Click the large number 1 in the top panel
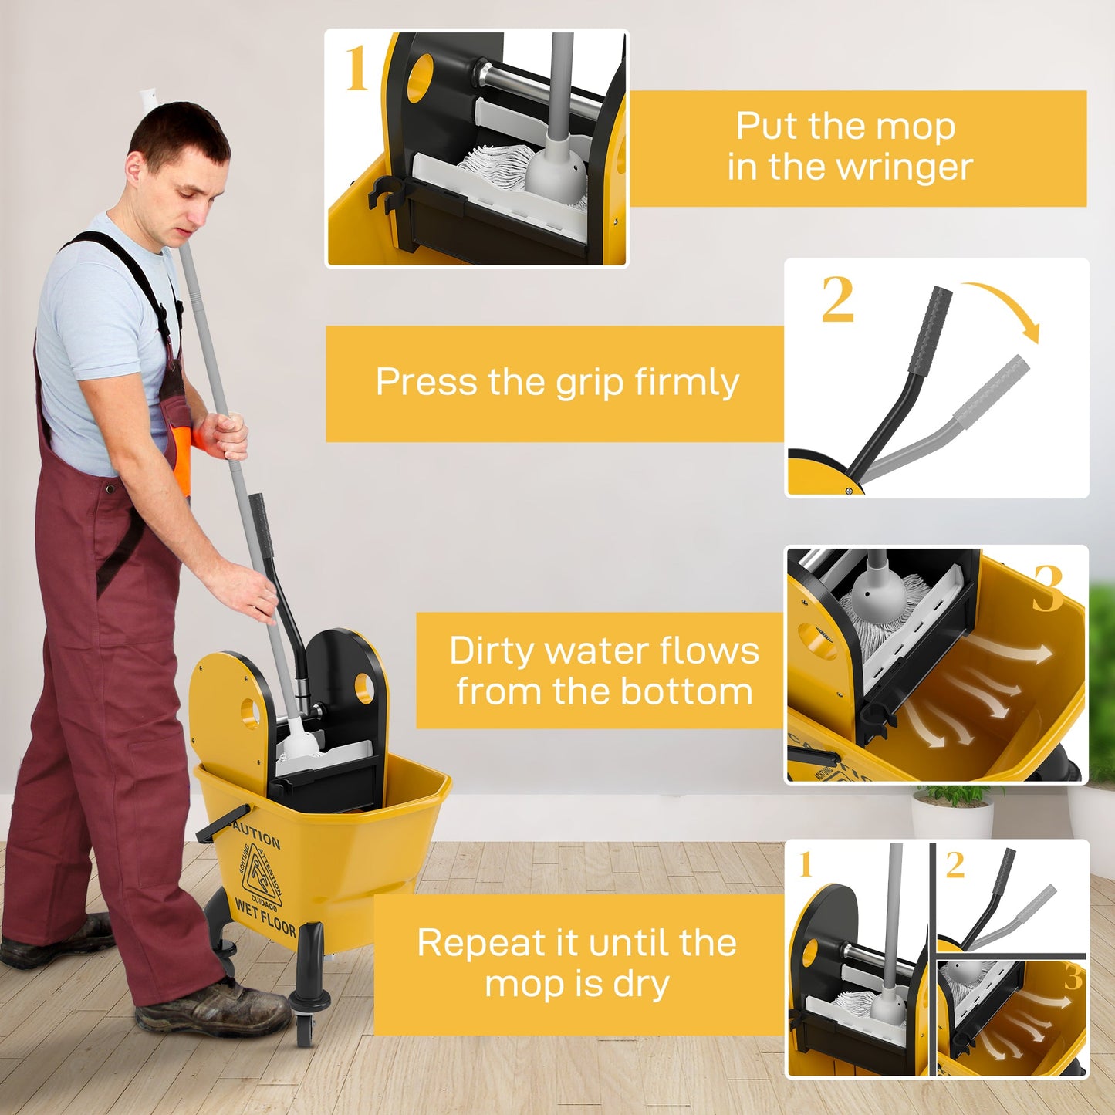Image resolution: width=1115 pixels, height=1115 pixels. (x=356, y=69)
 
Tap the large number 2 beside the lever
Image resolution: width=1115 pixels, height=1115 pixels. (x=837, y=299)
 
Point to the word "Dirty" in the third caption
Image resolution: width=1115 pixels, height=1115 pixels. (x=492, y=650)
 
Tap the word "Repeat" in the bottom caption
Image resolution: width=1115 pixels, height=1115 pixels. (x=471, y=943)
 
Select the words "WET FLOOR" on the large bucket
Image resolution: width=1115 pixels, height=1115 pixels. (x=265, y=916)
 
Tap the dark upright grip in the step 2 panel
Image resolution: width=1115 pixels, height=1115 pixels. (x=931, y=330)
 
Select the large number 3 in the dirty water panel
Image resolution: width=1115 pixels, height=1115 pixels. (x=1048, y=589)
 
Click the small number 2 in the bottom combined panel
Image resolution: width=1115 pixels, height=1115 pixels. (x=955, y=865)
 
